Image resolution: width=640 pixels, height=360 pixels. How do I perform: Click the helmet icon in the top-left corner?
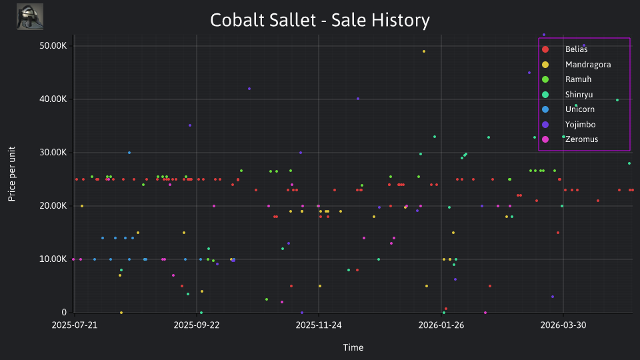point(30,17)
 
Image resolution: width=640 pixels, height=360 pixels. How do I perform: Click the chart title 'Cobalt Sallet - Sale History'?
point(320,20)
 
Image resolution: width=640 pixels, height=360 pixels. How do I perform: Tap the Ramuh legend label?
point(578,79)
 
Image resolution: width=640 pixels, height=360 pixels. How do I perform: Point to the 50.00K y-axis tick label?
point(53,46)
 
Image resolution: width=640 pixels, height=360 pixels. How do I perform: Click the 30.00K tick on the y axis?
point(53,153)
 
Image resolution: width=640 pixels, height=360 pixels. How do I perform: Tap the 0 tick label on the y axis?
point(64,312)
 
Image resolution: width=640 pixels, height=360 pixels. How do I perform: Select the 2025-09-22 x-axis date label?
point(196,325)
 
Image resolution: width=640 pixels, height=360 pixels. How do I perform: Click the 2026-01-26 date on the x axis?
point(441,325)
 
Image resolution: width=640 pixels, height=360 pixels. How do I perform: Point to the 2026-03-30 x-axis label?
point(563,325)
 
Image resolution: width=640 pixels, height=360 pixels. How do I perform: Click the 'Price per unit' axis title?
point(12,174)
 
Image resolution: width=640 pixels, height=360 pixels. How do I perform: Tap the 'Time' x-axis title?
point(353,347)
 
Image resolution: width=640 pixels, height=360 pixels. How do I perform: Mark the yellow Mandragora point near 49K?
point(424,51)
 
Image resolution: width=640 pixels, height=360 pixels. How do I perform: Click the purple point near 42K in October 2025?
point(249,89)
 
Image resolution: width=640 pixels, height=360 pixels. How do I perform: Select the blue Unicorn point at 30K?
point(129,153)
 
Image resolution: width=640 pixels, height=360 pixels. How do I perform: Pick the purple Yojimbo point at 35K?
point(190,125)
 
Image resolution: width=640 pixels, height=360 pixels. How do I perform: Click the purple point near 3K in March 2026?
point(553,297)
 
